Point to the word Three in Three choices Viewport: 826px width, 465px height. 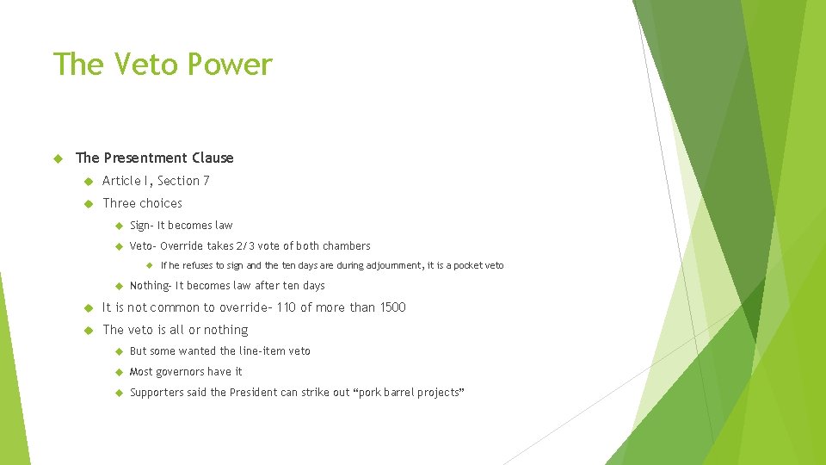pos(119,203)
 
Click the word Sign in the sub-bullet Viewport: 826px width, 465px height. pos(139,226)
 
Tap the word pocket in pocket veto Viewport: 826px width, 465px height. pos(469,266)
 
